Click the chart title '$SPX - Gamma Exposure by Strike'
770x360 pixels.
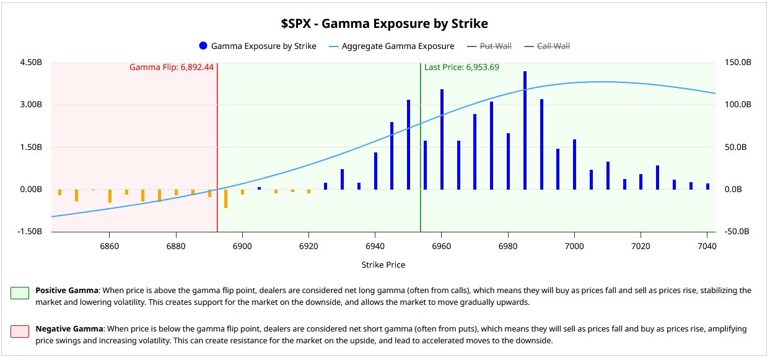coord(384,24)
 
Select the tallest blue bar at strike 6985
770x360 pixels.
coord(525,130)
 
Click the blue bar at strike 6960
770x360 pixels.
coord(442,139)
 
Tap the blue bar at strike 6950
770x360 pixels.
coord(408,144)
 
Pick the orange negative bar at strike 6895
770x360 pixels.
coord(225,198)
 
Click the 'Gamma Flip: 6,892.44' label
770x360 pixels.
coord(172,68)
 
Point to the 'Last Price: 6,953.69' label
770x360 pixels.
coord(462,68)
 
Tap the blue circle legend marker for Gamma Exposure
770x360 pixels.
coord(203,46)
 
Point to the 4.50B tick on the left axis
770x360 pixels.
coord(31,63)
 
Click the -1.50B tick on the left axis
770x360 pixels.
coord(30,232)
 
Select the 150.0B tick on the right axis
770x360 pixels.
coord(738,63)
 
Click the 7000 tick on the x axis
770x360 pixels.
coord(574,245)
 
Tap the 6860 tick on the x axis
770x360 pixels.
coord(109,245)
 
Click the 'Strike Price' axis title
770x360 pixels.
coord(383,265)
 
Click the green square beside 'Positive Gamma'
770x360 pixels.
coord(19,292)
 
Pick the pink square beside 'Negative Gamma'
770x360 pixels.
coord(19,331)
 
